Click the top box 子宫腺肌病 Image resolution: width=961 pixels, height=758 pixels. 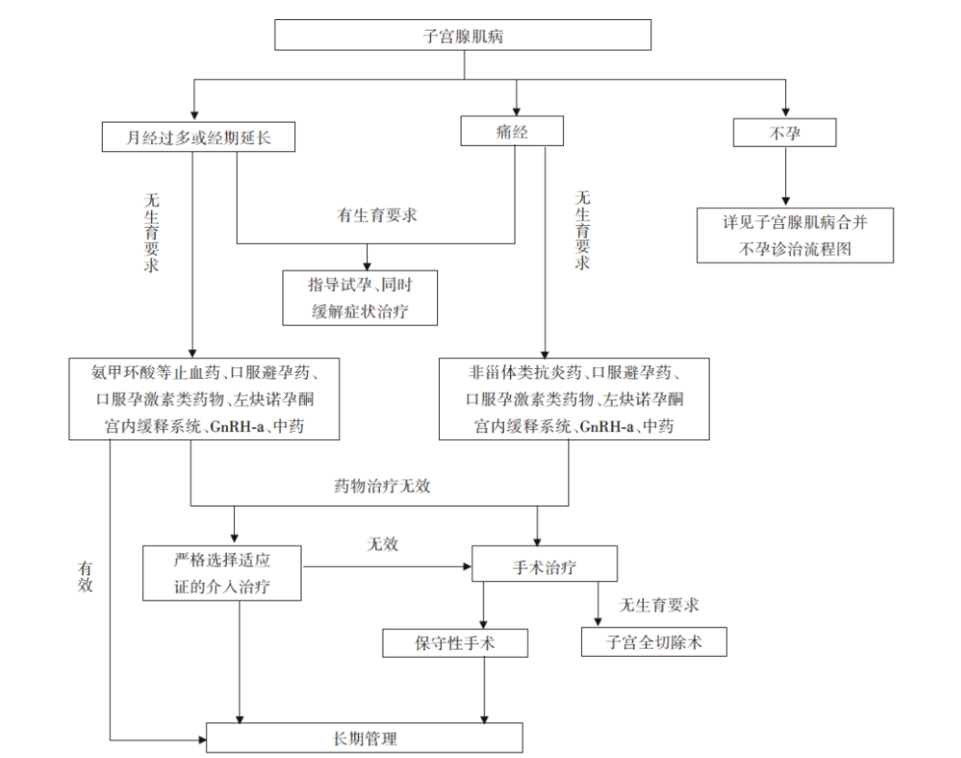(463, 36)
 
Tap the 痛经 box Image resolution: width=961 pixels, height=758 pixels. (512, 132)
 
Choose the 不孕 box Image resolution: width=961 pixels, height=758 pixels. (784, 134)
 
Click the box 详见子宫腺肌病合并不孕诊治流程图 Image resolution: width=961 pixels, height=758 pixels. (794, 235)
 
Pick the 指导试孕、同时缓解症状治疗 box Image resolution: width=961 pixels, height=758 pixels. (361, 298)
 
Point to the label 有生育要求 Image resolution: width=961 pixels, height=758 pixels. (377, 216)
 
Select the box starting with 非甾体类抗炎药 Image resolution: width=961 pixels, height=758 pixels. (573, 398)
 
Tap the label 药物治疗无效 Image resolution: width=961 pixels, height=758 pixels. (382, 486)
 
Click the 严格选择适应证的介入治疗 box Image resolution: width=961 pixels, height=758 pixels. (222, 573)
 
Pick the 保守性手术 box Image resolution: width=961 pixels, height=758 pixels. (455, 643)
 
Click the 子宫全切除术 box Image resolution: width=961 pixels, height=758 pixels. (654, 641)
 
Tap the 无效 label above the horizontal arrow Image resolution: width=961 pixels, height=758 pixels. (383, 545)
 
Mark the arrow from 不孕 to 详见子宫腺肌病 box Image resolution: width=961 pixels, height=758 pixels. (784, 178)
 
